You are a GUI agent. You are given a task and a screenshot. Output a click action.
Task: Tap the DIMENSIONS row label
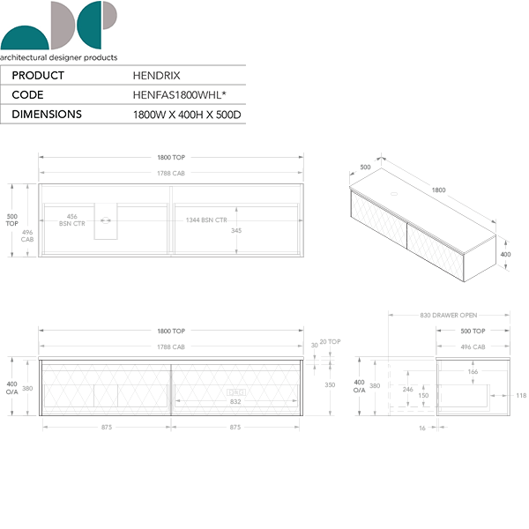(48, 115)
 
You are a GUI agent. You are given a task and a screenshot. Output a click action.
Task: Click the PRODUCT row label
(39, 77)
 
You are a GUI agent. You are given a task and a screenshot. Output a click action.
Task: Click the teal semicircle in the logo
(24, 38)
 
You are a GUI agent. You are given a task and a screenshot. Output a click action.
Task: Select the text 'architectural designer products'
(59, 57)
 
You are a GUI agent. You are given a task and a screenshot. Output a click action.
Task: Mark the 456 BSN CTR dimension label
(72, 220)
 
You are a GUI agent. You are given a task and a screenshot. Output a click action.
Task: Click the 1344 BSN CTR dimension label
(205, 220)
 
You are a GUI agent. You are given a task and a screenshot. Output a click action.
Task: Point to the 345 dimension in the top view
(235, 231)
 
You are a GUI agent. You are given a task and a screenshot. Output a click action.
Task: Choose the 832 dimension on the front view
(235, 402)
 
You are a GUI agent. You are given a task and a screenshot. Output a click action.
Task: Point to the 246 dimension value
(407, 389)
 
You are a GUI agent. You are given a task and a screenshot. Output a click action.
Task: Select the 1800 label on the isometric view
(438, 190)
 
